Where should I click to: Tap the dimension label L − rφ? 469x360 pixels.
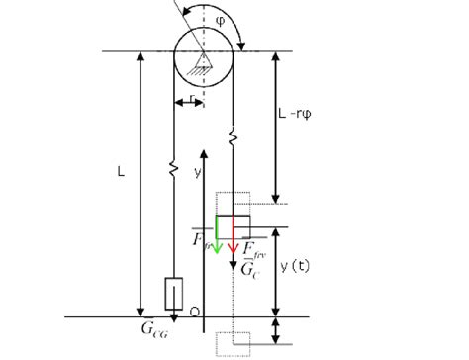click(x=308, y=118)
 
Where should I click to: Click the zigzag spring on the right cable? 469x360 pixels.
click(x=234, y=132)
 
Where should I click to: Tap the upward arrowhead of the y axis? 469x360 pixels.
click(x=203, y=152)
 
